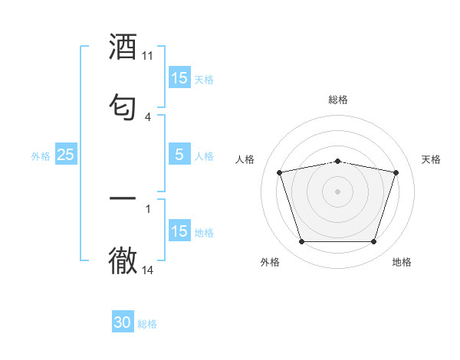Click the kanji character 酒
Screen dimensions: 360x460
123,47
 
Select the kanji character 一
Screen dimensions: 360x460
123,198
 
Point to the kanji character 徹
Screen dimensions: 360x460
123,260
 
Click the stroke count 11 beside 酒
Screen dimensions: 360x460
148,56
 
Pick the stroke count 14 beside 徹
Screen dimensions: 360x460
148,270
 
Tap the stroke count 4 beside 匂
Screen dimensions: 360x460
148,116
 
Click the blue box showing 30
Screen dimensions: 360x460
123,323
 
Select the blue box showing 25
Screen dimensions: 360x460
65,155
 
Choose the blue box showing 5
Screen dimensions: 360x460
179,155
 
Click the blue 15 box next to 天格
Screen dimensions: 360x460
179,78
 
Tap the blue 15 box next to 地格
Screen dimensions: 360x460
179,231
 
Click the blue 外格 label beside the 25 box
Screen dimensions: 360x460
41,155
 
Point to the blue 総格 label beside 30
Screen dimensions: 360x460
147,324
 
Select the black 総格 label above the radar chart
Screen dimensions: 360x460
338,100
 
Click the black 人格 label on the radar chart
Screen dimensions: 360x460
245,159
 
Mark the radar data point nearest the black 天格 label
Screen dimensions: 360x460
396,172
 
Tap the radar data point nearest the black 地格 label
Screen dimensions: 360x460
374,242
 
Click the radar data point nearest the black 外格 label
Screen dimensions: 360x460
301,242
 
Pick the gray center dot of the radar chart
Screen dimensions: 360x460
338,191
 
